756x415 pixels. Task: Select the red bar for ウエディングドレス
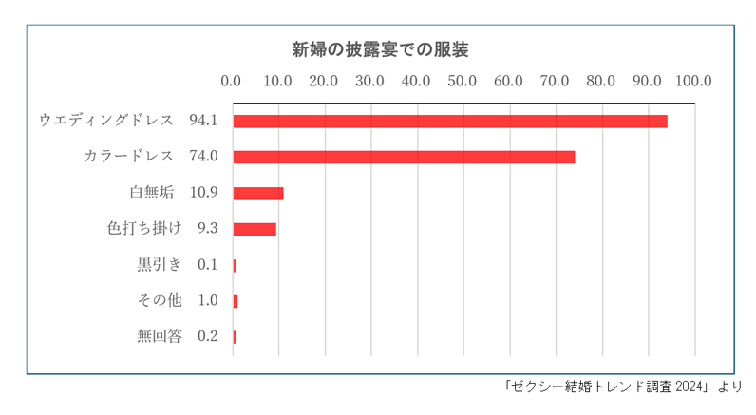(x=450, y=122)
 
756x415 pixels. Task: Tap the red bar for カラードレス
(x=404, y=157)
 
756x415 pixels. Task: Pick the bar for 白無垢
(x=258, y=193)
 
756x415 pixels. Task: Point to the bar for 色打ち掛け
(x=255, y=229)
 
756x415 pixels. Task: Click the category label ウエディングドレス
(x=106, y=121)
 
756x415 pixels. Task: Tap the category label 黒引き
(x=160, y=264)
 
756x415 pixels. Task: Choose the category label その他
(x=160, y=300)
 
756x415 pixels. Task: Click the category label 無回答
(x=160, y=335)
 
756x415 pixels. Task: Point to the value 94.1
(x=204, y=121)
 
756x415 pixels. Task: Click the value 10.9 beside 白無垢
(x=204, y=193)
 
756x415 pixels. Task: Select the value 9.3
(x=208, y=229)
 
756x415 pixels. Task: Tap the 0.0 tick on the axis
(x=231, y=81)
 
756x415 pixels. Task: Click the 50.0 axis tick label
(x=463, y=81)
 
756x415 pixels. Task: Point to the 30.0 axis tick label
(x=370, y=81)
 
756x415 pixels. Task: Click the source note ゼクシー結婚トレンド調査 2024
(x=607, y=387)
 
